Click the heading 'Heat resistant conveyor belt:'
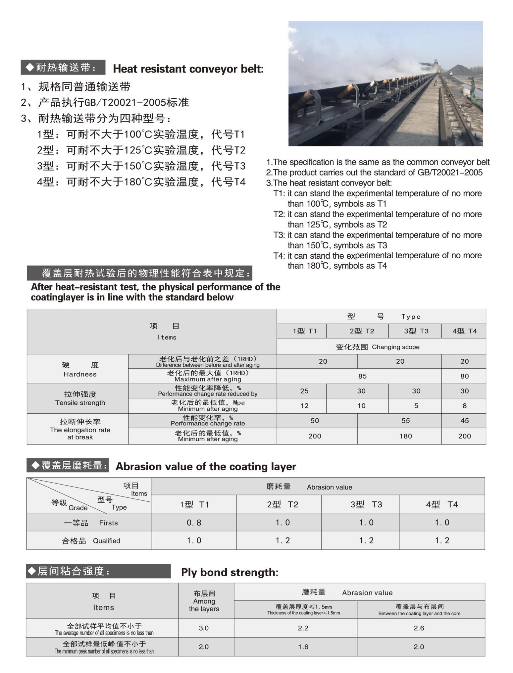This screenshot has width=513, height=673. click(x=188, y=69)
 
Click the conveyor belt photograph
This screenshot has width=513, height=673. click(x=385, y=83)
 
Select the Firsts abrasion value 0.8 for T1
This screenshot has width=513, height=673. click(x=194, y=522)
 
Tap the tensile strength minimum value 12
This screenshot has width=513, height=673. click(x=304, y=406)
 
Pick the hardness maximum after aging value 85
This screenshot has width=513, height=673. click(x=362, y=376)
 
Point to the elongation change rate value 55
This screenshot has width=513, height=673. click(x=405, y=421)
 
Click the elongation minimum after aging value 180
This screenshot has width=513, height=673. click(x=405, y=436)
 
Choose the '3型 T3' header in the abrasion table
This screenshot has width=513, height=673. click(x=366, y=504)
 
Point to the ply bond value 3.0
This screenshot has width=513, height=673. click(x=204, y=628)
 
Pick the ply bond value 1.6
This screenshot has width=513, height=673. click(x=303, y=647)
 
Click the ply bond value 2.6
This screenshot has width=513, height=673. click(x=419, y=628)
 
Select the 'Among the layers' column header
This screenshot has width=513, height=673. click(x=204, y=601)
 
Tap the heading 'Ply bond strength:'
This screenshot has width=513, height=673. click(x=230, y=572)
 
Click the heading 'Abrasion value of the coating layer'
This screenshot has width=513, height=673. click(x=206, y=466)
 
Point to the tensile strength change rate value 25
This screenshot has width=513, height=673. click(x=304, y=391)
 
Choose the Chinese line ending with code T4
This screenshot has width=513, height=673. click(x=141, y=182)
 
